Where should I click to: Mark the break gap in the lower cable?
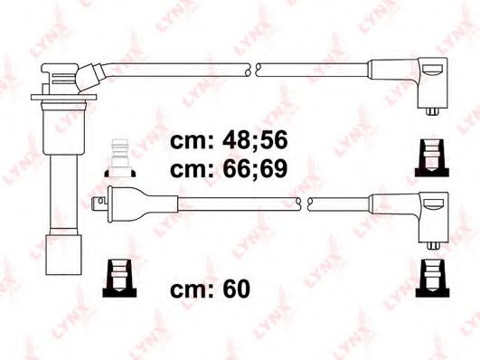[x=304, y=200]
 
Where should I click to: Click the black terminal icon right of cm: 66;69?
[x=432, y=157]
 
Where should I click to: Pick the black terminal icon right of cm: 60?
[x=432, y=276]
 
